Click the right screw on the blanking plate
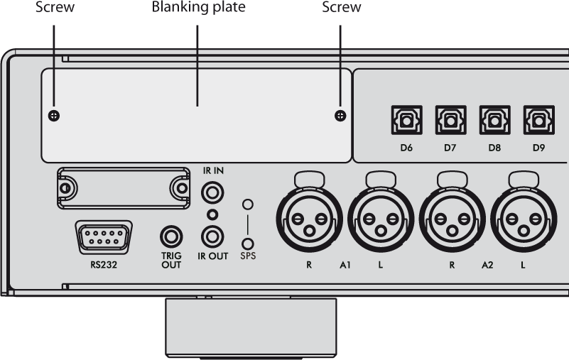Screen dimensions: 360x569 click(340, 116)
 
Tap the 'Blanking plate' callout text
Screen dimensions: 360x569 click(197, 8)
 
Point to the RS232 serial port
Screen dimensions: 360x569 click(102, 236)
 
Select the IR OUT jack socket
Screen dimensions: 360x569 click(212, 235)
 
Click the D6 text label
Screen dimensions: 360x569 click(406, 149)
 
